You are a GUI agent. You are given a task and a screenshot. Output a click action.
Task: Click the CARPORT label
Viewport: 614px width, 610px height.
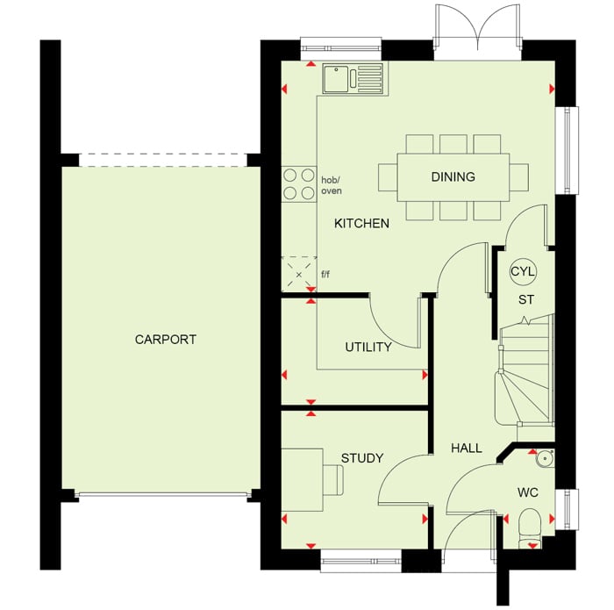tap(165, 340)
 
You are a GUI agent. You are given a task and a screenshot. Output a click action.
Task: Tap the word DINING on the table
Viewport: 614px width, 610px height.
tap(453, 176)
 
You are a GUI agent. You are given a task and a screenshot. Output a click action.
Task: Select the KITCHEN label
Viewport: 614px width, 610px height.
tap(361, 223)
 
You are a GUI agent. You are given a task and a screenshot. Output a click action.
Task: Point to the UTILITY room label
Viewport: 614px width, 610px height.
tap(368, 347)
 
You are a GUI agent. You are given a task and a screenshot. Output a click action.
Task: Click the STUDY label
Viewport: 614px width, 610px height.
tap(362, 458)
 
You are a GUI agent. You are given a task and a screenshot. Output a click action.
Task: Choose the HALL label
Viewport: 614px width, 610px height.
tap(467, 448)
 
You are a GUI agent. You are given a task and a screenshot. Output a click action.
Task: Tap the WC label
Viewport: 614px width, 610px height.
tap(527, 492)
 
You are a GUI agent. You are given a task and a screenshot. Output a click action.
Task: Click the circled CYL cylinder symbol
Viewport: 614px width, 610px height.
tap(523, 271)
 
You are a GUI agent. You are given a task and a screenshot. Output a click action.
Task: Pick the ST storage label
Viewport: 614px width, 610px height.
tap(526, 299)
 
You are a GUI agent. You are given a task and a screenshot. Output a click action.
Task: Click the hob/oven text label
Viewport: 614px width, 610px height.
tap(332, 185)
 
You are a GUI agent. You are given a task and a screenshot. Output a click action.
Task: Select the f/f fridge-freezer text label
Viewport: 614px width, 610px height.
tap(325, 274)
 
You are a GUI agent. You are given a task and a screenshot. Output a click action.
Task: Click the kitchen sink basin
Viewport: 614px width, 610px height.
tap(336, 79)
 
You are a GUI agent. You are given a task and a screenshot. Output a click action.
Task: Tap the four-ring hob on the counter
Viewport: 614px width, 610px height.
tap(299, 183)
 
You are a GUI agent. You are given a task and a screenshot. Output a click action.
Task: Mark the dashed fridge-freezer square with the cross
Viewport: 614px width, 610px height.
tap(299, 274)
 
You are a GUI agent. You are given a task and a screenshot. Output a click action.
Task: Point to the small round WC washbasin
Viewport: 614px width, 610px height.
tap(545, 457)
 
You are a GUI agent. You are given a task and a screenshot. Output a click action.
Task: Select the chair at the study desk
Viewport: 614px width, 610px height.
tap(332, 479)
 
